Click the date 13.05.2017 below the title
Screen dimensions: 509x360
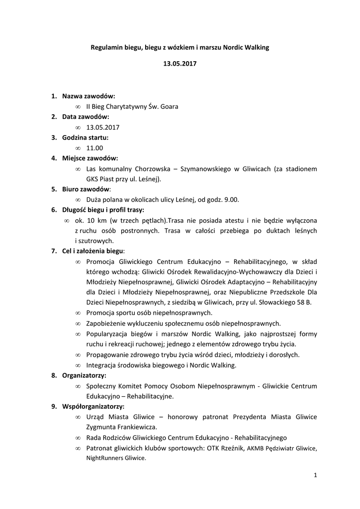(180, 64)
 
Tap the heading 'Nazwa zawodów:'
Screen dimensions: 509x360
(89, 95)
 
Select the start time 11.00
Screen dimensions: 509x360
(94, 148)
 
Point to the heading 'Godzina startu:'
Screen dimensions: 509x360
(85, 137)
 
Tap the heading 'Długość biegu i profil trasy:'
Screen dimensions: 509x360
(102, 210)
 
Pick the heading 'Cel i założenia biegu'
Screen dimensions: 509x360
(92, 251)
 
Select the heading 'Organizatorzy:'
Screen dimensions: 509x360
(84, 375)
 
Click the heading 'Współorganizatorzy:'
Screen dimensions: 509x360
(93, 406)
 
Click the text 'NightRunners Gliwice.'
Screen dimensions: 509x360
(116, 458)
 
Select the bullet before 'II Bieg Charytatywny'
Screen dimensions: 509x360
(79, 106)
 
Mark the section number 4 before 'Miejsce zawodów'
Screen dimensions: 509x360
(54, 159)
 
